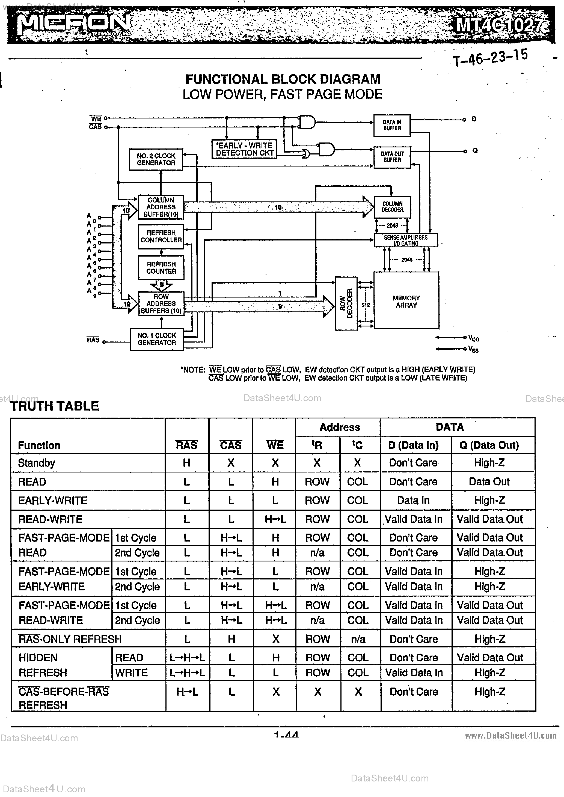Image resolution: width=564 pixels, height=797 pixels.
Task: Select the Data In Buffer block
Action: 392,125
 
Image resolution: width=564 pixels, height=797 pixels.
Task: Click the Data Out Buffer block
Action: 392,157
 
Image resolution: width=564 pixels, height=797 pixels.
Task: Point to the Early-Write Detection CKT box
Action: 244,149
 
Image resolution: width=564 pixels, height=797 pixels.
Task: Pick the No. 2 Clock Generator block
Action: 156,159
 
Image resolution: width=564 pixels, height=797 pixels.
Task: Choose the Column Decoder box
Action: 392,207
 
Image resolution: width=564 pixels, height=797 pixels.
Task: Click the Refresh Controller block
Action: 161,237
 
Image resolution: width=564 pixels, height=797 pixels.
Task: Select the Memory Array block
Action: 406,301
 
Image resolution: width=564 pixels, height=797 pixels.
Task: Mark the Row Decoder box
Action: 346,304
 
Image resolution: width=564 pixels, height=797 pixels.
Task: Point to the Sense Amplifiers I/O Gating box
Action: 406,240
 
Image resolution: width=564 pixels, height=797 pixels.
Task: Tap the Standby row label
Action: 37,463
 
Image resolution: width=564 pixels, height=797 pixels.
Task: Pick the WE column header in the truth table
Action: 275,445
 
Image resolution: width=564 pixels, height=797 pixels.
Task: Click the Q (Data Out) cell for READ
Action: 489,481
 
